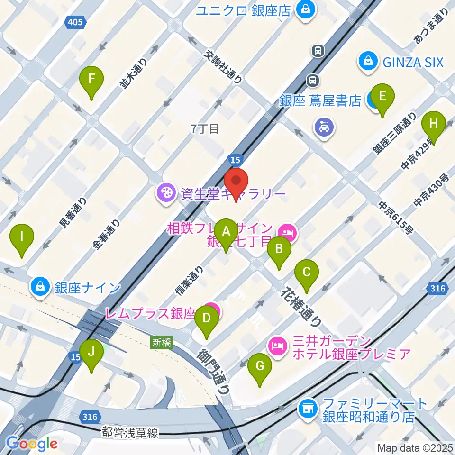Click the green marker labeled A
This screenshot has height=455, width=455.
(x=226, y=232)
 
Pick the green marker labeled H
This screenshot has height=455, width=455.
(x=433, y=125)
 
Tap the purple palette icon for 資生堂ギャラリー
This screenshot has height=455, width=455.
(x=166, y=194)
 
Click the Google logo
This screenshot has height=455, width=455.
(x=32, y=443)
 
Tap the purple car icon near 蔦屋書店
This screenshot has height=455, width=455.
(x=325, y=127)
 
